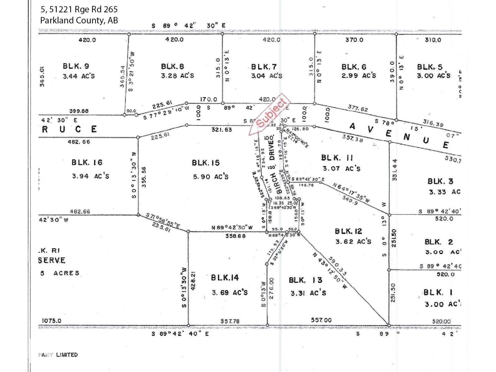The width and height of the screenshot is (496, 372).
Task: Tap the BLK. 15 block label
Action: point(206,163)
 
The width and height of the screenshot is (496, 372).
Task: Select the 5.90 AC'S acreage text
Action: point(210,177)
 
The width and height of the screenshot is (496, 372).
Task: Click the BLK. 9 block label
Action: point(76,66)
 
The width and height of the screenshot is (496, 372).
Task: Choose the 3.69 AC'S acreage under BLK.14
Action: point(229,292)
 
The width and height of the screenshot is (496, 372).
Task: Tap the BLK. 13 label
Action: point(305,280)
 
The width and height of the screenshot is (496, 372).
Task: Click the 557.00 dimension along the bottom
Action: point(321,320)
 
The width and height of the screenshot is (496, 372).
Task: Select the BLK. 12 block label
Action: point(348,231)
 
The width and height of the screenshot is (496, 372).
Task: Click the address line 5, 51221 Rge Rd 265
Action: point(79,9)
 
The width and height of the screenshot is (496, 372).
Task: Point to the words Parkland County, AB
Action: point(79,20)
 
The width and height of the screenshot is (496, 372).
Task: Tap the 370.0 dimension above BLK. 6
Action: point(354,40)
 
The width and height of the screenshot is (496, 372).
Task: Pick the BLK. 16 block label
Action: point(87,162)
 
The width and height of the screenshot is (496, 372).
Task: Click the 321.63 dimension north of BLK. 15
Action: point(222,130)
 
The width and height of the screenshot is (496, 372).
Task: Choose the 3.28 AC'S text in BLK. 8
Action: point(177,76)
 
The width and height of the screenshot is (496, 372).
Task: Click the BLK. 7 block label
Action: point(264,67)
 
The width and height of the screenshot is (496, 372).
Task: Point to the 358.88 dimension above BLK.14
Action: point(235,236)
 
